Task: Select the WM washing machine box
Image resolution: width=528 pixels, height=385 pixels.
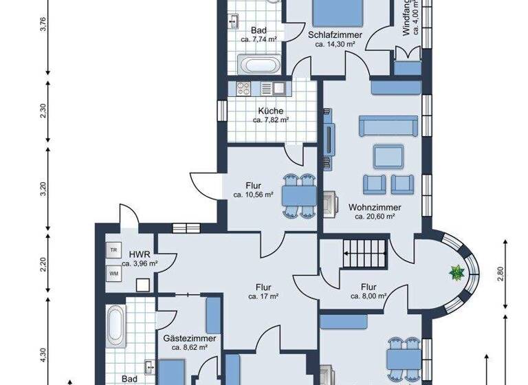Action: tap(113, 273)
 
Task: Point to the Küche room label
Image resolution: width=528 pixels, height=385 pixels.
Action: tap(270, 111)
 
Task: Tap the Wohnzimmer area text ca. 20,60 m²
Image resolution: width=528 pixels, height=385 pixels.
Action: tap(375, 217)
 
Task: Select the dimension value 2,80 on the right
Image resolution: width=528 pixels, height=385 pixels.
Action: tap(501, 273)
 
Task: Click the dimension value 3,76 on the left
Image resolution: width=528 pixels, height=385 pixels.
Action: tap(43, 24)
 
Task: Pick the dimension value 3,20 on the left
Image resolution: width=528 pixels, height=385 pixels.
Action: tap(43, 188)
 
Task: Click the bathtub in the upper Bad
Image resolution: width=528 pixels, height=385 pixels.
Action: tap(259, 66)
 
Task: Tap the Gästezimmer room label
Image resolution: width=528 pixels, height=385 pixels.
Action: tap(190, 339)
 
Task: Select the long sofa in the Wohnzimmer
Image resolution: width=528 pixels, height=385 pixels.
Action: tap(388, 126)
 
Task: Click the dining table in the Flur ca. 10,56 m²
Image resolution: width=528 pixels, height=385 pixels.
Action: tap(298, 196)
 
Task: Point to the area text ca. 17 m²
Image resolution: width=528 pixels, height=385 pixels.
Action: tap(263, 296)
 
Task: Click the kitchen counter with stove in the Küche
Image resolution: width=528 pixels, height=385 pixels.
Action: tap(261, 89)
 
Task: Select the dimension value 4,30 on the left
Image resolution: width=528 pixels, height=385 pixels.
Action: tap(43, 355)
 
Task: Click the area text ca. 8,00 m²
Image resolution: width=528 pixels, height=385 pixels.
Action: tap(368, 296)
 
